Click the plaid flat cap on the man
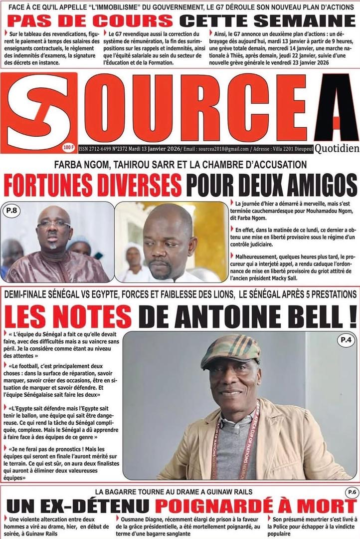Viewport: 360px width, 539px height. (230, 348)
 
